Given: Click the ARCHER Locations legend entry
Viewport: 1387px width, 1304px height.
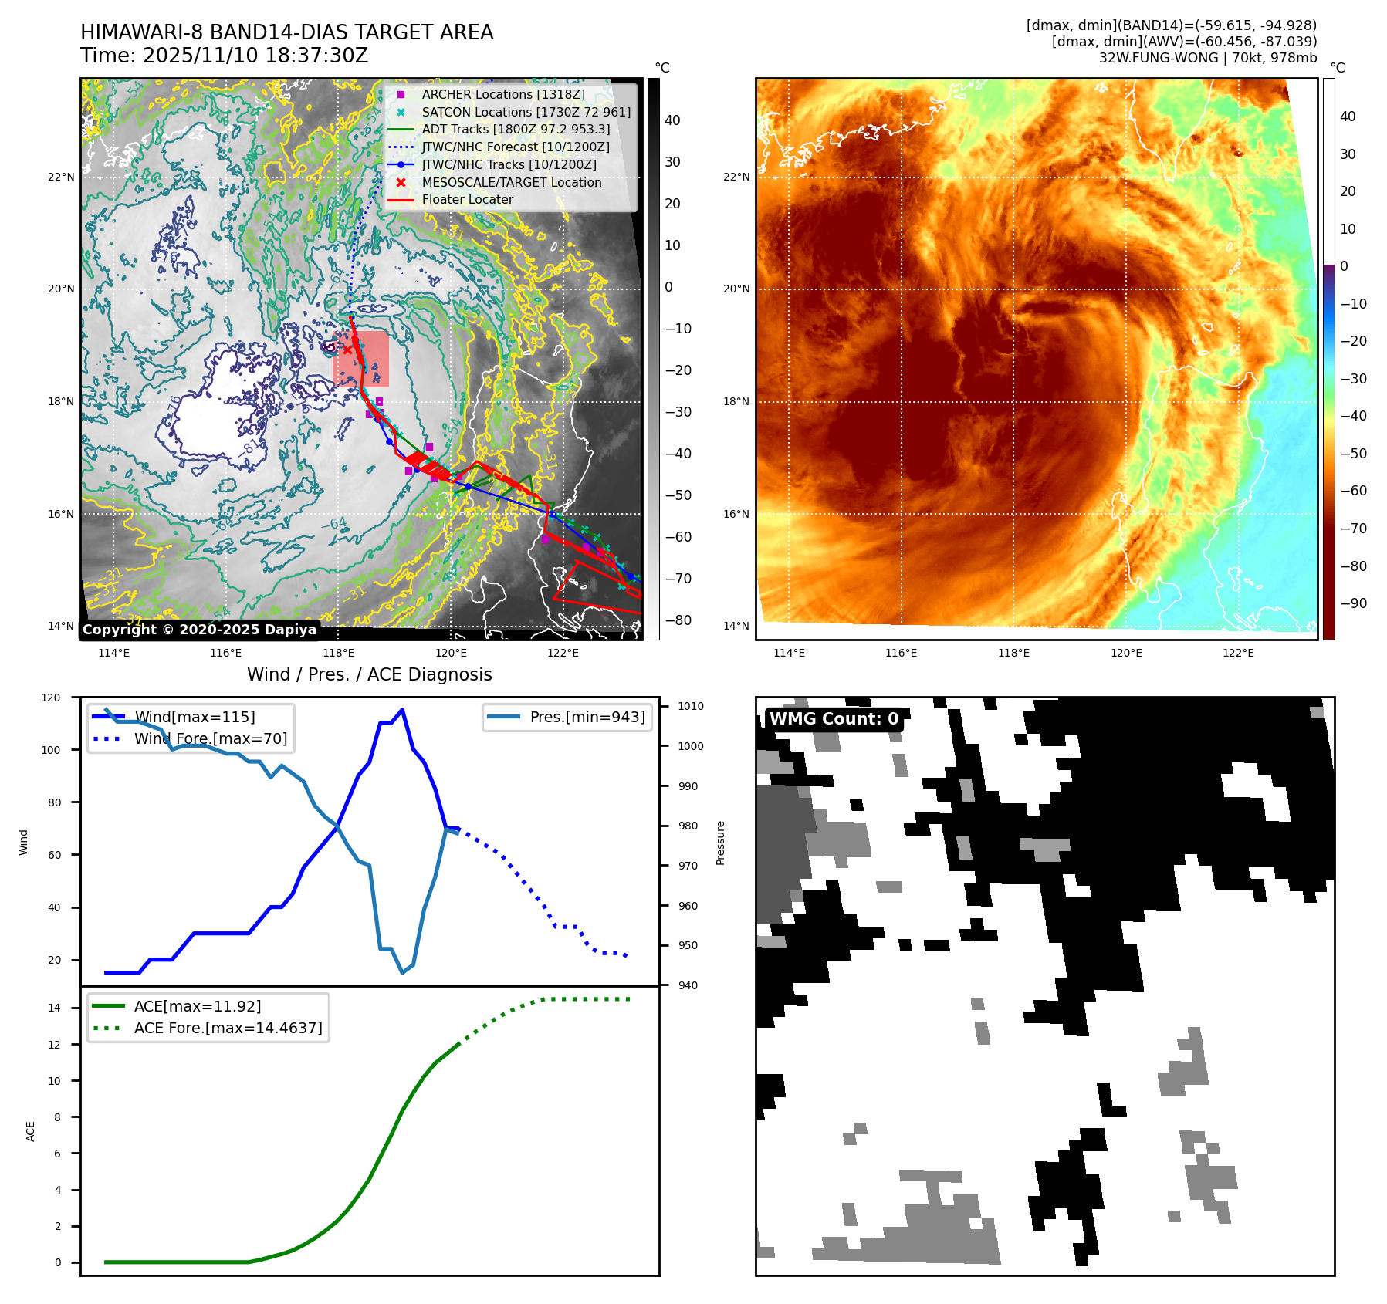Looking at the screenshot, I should click(502, 94).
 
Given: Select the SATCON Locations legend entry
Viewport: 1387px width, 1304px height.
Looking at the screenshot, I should click(526, 112).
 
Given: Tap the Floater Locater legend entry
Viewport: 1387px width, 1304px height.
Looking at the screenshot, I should click(467, 199).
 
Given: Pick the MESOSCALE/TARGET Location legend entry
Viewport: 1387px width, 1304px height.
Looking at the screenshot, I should click(511, 182).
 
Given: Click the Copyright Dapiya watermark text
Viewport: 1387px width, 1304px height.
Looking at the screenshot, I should click(199, 629).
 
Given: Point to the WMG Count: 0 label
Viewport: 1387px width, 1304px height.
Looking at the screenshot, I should click(834, 719).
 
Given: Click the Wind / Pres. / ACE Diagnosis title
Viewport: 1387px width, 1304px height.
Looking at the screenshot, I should click(369, 674).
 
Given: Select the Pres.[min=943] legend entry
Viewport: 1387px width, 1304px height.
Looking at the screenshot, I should click(587, 717).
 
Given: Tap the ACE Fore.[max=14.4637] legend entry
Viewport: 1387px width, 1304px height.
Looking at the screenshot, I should click(228, 1028).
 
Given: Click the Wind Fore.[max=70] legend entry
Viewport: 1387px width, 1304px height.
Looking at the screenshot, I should click(210, 738).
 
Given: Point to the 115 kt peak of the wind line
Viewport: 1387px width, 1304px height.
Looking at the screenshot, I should click(402, 710).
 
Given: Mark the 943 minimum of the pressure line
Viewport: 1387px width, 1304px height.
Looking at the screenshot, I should click(402, 972).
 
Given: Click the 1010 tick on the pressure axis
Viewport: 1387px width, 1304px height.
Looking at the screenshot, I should click(690, 706).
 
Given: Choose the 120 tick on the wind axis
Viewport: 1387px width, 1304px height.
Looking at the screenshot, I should click(51, 698).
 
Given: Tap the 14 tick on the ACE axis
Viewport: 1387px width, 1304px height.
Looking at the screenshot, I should click(54, 1008).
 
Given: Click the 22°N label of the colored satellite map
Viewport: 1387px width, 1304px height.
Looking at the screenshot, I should click(736, 177).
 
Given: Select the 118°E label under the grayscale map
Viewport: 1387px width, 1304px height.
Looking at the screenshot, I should click(338, 653).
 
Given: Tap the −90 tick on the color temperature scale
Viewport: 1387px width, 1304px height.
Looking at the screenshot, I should click(1353, 603).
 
